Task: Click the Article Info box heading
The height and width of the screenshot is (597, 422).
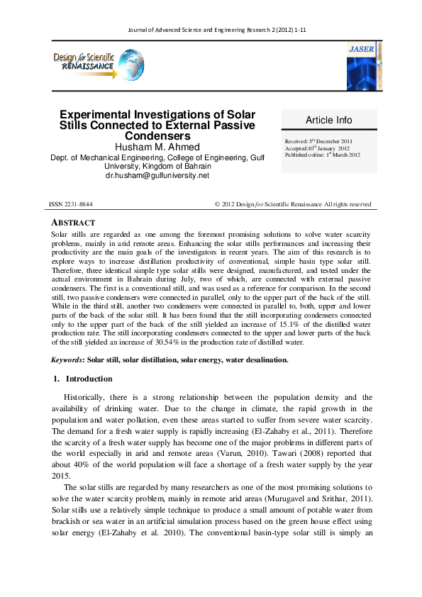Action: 328,120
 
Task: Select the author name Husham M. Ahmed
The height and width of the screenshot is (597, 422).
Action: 157,147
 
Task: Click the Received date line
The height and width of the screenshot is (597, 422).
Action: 323,142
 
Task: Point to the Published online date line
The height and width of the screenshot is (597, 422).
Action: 323,155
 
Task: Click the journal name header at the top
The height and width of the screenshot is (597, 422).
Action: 211,30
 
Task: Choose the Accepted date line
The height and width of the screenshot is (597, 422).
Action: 318,148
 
